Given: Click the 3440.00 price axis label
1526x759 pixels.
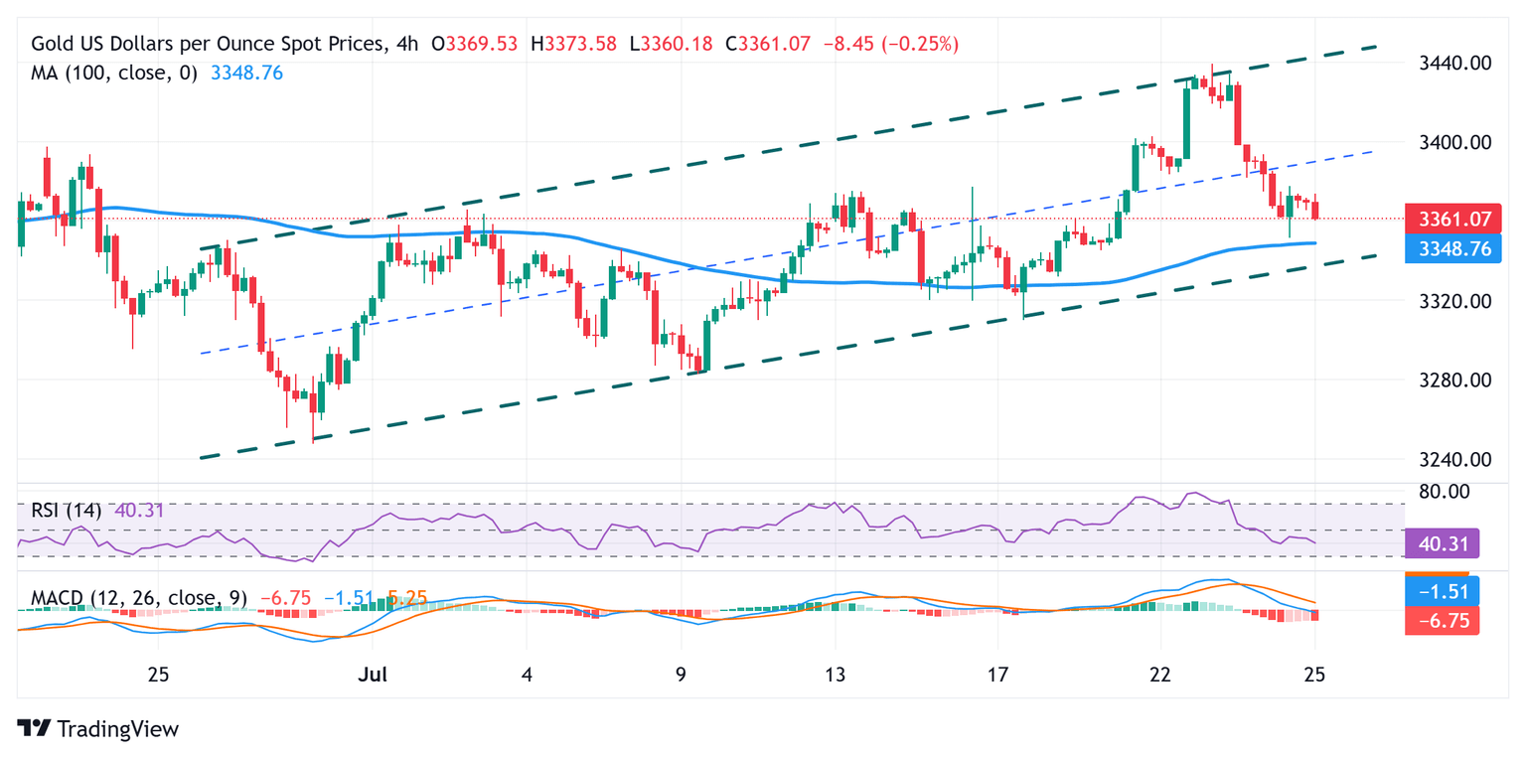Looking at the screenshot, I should pyautogui.click(x=1447, y=63).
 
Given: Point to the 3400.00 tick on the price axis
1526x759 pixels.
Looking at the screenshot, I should pyautogui.click(x=1447, y=142).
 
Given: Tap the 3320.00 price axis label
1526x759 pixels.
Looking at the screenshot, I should pyautogui.click(x=1447, y=301).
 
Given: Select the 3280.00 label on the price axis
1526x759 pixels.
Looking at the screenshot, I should pyautogui.click(x=1447, y=380).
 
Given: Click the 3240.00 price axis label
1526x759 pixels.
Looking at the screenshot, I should pyautogui.click(x=1447, y=460).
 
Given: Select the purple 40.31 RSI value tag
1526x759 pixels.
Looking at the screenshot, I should pyautogui.click(x=1443, y=543).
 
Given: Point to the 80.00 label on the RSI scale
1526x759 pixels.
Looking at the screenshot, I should pyautogui.click(x=1447, y=492).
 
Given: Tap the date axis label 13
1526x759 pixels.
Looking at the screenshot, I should pyautogui.click(x=836, y=676).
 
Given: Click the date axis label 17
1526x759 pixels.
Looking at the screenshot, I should pyautogui.click(x=998, y=676).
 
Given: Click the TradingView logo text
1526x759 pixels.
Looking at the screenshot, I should pyautogui.click(x=117, y=729).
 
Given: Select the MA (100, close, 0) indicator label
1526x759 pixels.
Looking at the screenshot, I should pyautogui.click(x=114, y=73).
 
